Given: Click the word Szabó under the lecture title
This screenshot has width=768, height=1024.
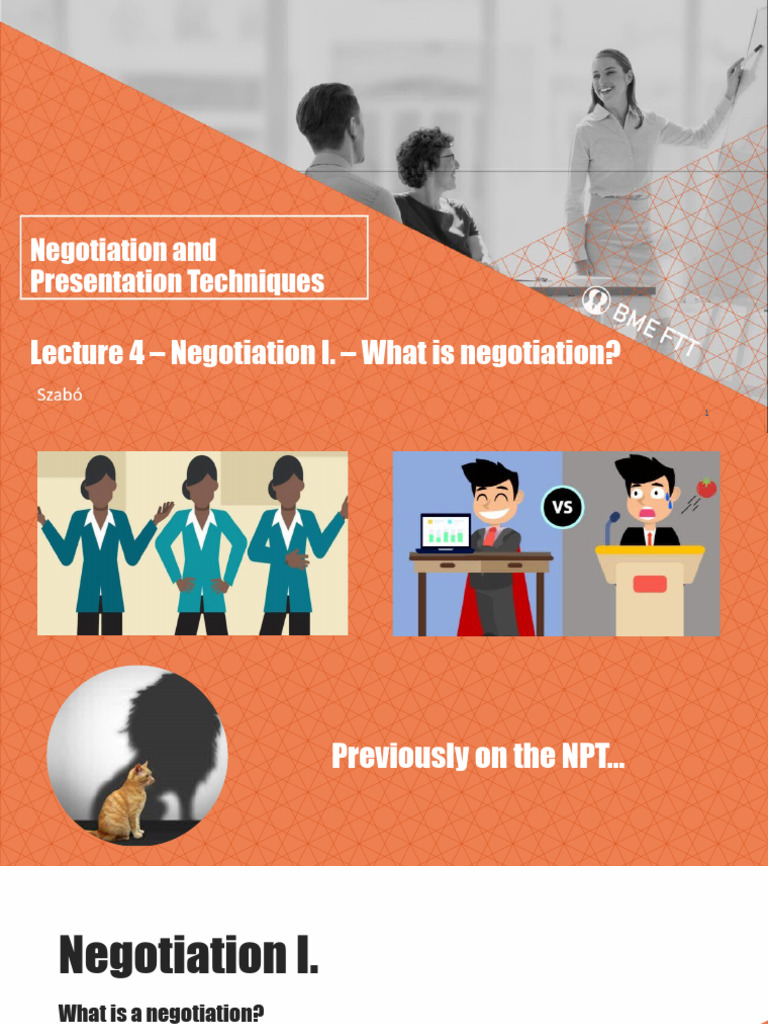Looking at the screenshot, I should pos(60,394).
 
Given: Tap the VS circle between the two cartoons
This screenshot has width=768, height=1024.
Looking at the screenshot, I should pos(563,507).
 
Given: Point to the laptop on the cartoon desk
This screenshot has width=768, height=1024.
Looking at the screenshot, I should pos(445,533).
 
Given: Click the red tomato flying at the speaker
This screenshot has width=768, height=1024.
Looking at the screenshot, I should pos(706,487).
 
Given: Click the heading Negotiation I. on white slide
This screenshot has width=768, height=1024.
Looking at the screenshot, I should pos(188,954).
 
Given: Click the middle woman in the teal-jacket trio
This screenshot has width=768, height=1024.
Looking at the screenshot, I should pos(200,545).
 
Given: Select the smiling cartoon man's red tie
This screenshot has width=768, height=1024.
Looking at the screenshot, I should pos(490,536).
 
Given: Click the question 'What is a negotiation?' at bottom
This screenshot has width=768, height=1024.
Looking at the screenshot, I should pos(161,1013).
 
